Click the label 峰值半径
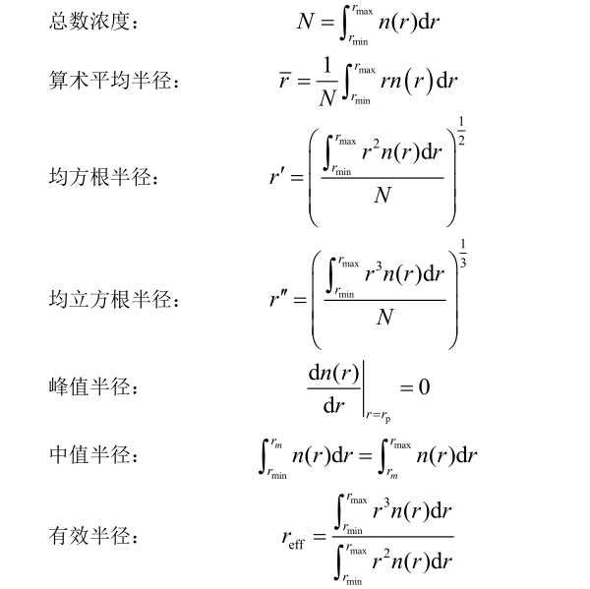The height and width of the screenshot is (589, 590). coord(92,387)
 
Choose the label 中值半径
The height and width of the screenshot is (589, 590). coord(92,456)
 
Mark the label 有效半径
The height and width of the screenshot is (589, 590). coord(92,537)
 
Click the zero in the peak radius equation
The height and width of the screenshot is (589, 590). coord(424,387)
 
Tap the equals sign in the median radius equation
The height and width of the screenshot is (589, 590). coord(369,456)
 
